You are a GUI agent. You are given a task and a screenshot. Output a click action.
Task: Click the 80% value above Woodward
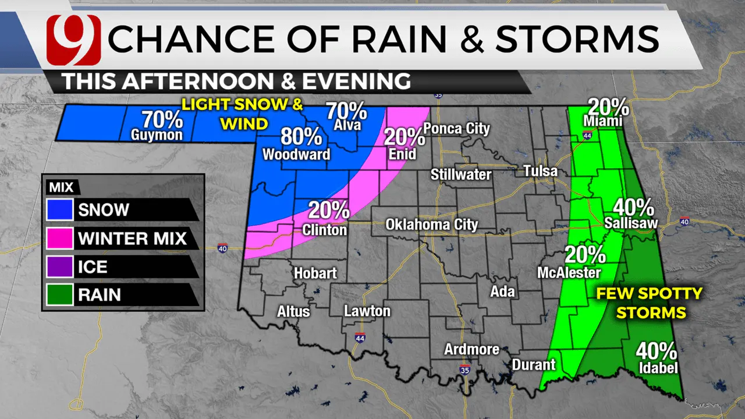pos(301,137)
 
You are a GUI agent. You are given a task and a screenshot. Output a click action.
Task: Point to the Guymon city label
pos(158,136)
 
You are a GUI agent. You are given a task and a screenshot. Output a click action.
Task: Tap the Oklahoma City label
pos(432,225)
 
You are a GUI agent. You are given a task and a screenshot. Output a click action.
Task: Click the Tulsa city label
pos(540,171)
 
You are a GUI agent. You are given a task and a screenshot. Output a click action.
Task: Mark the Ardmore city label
pos(471,349)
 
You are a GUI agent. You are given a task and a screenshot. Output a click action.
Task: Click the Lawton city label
pos(367,311)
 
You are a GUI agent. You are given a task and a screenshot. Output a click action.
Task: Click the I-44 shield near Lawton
pos(360,338)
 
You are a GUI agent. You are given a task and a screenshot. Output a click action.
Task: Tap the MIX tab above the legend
pos(61,187)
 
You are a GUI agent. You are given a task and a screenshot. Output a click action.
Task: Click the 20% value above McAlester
pos(584,255)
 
